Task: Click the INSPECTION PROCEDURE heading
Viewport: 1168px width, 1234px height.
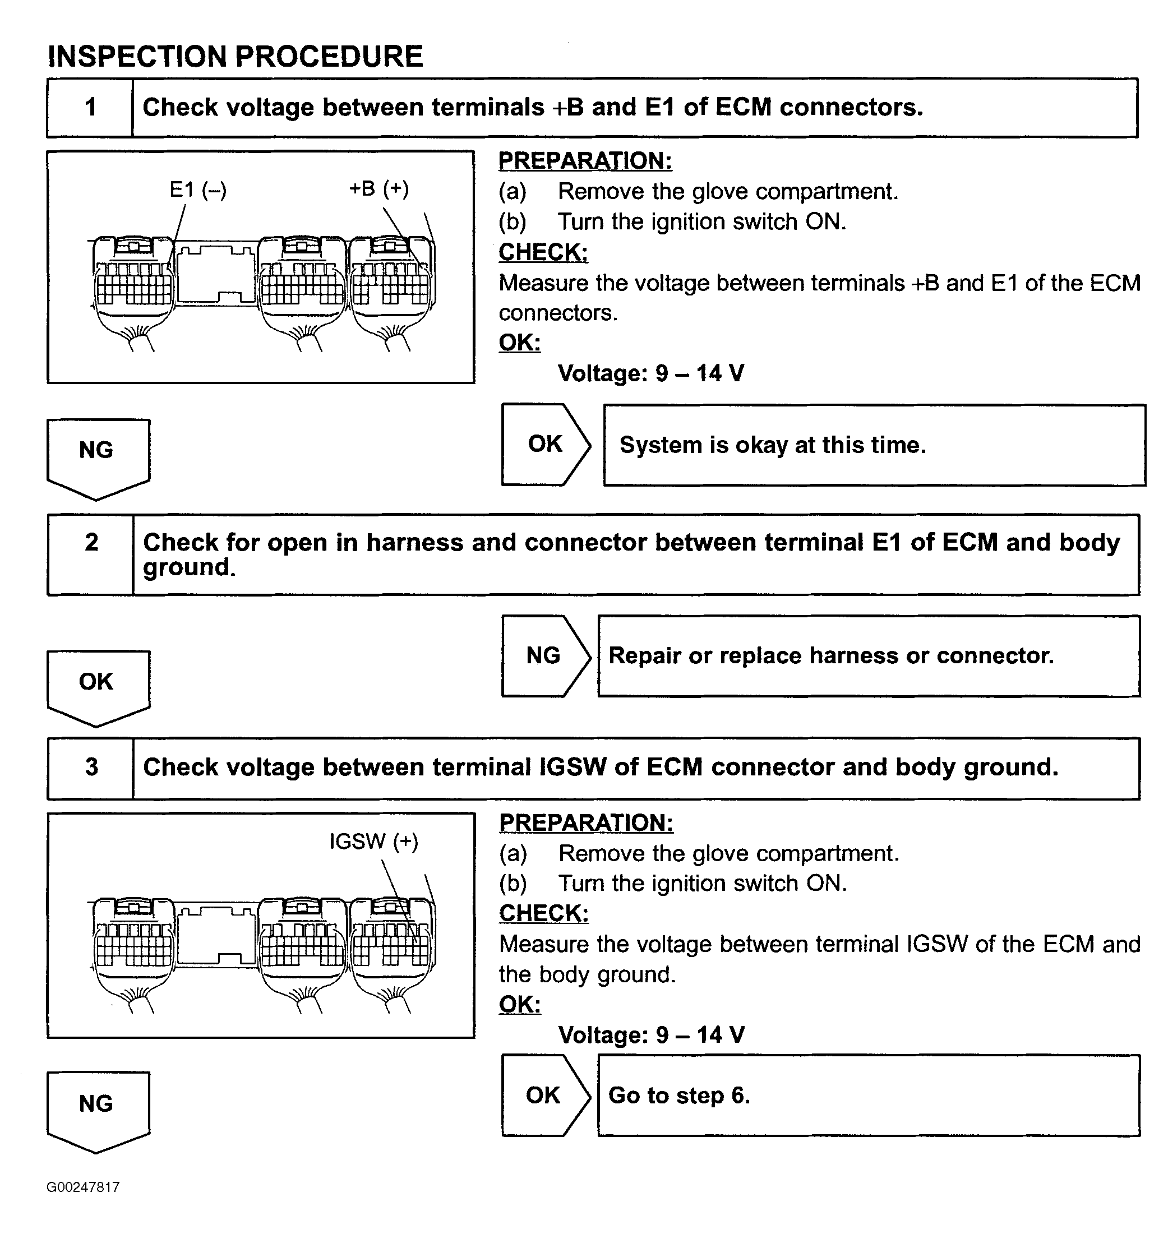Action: [x=236, y=57]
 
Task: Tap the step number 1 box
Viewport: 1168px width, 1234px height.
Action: [x=90, y=108]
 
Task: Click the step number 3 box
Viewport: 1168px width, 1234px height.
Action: [x=91, y=767]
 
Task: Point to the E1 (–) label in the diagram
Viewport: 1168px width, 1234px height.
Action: [x=198, y=190]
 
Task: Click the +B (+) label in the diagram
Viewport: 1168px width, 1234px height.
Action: [x=378, y=188]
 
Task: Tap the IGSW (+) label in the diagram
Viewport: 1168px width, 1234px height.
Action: [x=373, y=842]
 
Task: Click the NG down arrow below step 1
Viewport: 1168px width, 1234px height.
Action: [x=97, y=455]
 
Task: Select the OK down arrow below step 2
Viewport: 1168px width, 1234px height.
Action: [x=97, y=686]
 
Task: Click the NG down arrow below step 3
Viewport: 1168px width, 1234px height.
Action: [x=97, y=1109]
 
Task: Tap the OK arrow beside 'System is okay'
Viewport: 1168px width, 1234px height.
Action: [x=545, y=445]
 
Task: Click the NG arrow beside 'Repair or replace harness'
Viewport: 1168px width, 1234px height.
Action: [x=543, y=655]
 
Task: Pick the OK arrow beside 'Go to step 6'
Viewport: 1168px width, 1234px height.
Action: [x=543, y=1096]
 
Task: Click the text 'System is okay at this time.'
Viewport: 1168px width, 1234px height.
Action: [x=773, y=445]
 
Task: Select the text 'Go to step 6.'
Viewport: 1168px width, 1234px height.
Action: [x=679, y=1096]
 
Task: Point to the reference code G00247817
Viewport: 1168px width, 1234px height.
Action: [x=83, y=1187]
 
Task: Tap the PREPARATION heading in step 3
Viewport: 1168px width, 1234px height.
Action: [x=586, y=823]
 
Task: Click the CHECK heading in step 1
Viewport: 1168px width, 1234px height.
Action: [x=543, y=252]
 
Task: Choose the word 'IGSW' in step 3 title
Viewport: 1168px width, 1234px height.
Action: [x=572, y=767]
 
